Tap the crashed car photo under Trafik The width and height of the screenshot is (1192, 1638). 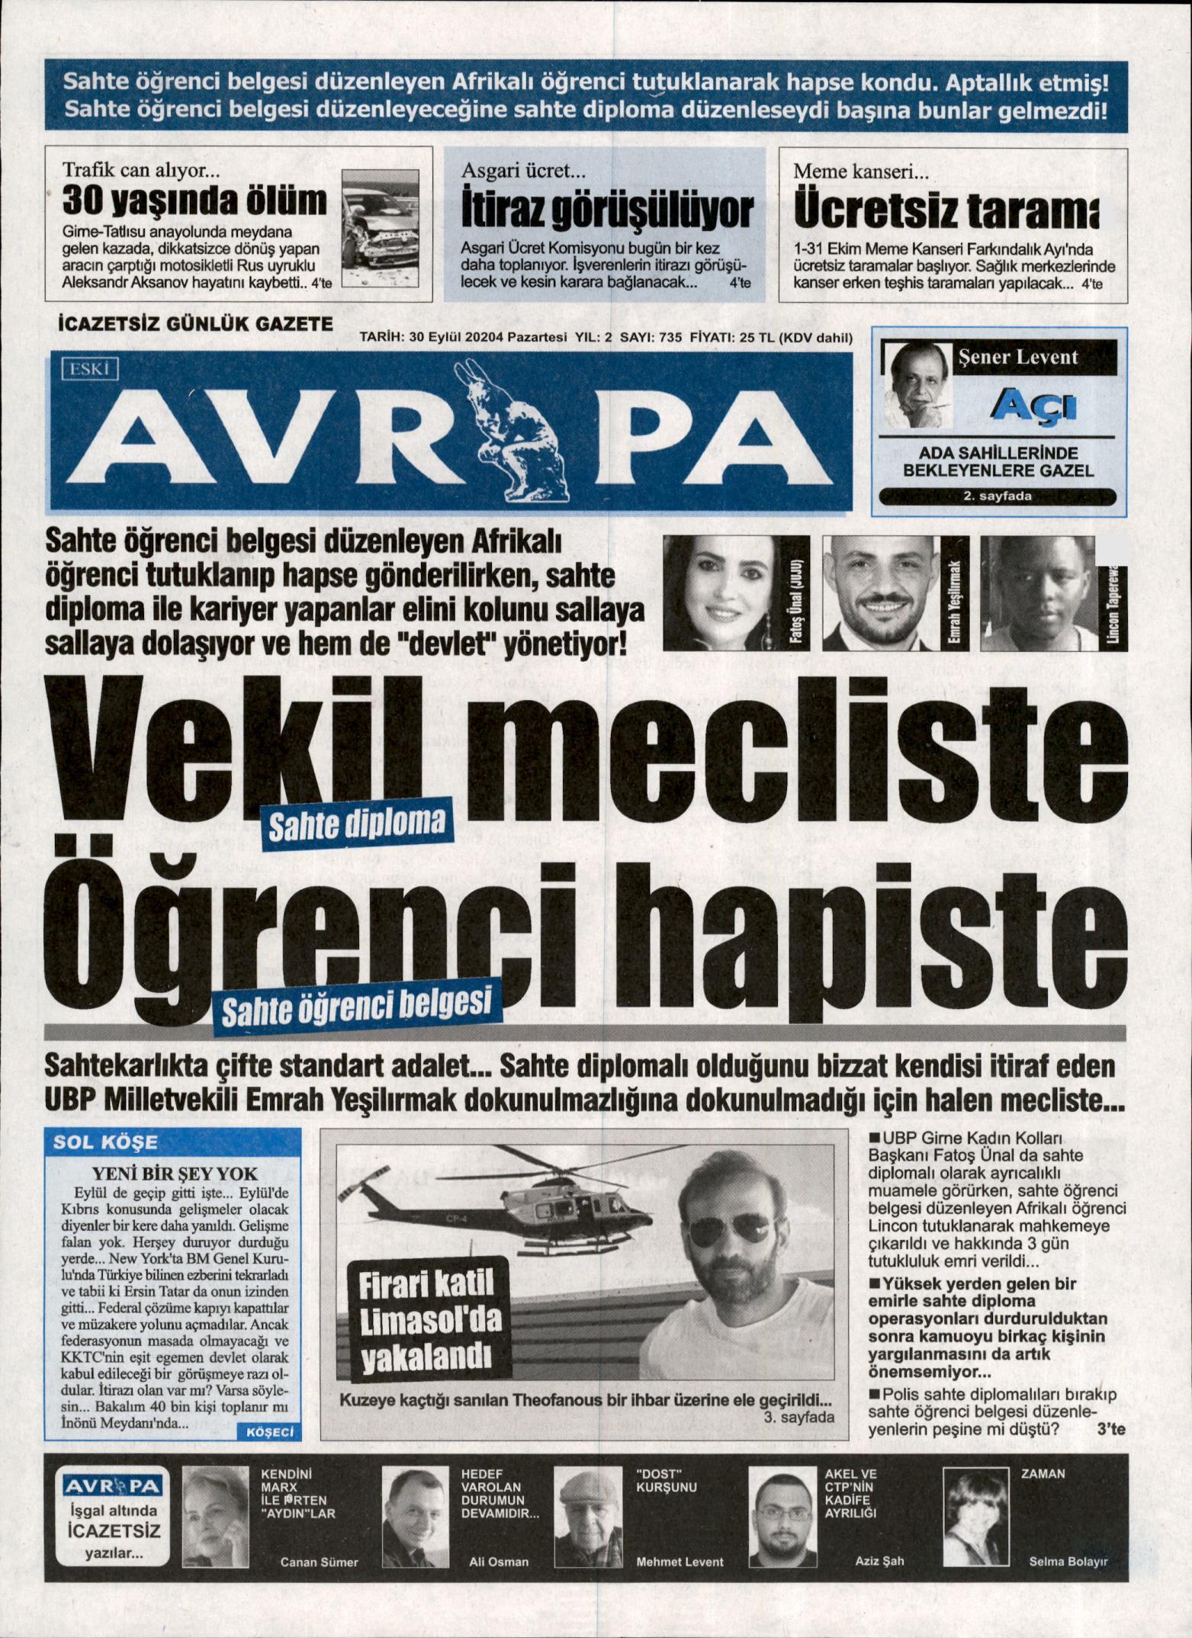click(x=380, y=227)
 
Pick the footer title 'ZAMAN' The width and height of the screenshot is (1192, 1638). click(x=1043, y=1474)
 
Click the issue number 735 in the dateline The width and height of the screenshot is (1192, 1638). click(x=667, y=339)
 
